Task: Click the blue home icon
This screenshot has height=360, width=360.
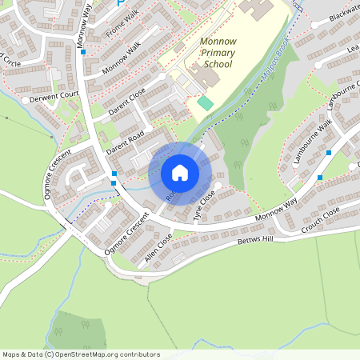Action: coord(180,172)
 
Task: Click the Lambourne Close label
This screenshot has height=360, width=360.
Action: coord(342,98)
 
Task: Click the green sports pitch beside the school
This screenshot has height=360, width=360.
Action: coord(206,103)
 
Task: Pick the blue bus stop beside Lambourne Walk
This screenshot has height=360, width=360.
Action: coord(319,177)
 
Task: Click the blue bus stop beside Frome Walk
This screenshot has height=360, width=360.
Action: coord(83,51)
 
